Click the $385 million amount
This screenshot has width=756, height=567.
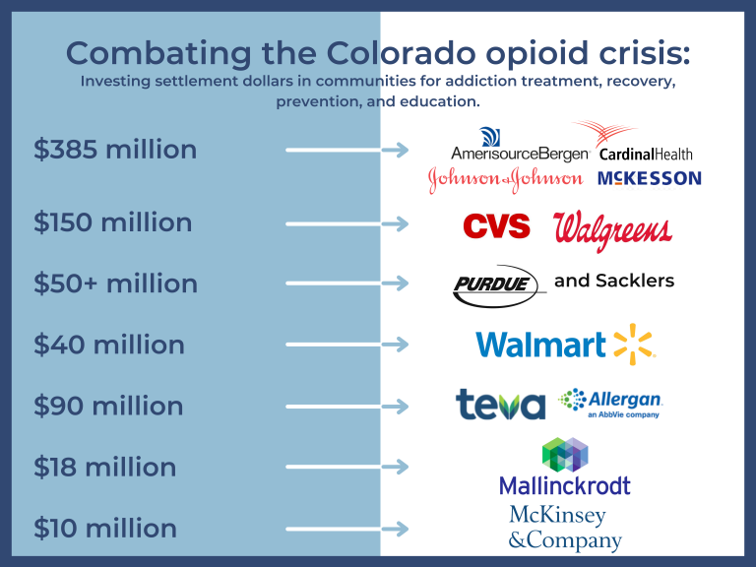click(115, 150)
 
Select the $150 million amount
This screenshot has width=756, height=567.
click(113, 222)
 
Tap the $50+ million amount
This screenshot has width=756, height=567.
click(116, 283)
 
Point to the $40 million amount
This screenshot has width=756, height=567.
click(109, 345)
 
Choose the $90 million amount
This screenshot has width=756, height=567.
click(109, 406)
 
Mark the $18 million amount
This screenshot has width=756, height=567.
click(105, 467)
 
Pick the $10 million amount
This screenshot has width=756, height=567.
click(105, 528)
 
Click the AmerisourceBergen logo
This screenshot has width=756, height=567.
click(520, 146)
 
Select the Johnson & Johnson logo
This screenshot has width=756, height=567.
click(505, 179)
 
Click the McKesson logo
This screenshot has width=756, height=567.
click(649, 178)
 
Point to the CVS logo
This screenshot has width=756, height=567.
click(497, 226)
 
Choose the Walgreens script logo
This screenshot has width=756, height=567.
click(612, 232)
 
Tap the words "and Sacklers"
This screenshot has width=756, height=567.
click(614, 281)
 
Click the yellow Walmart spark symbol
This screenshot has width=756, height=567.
click(633, 344)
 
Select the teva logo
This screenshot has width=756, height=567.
click(500, 404)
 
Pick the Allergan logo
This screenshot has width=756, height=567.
click(611, 402)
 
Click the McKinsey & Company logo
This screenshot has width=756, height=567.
click(565, 529)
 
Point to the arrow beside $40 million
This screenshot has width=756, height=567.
click(346, 345)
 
